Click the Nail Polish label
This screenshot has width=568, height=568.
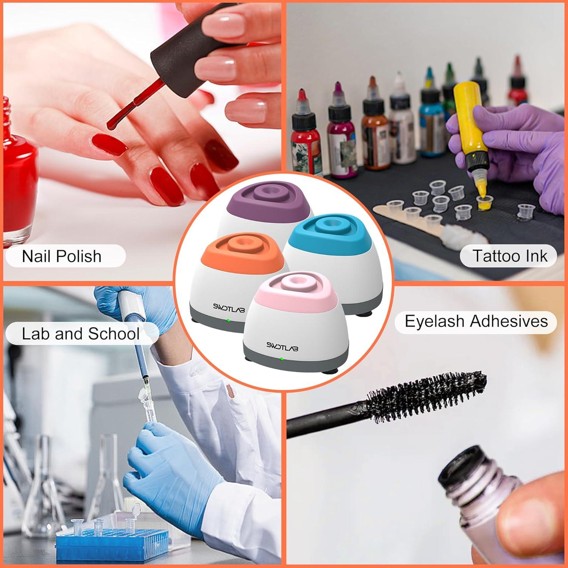[62, 256]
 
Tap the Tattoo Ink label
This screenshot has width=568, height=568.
[509, 256]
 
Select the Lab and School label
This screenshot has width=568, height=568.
[81, 334]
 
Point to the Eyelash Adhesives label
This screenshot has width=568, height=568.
[476, 321]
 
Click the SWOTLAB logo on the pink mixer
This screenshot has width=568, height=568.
[282, 345]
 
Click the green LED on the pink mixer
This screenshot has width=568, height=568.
[282, 359]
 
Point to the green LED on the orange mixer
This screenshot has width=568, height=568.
[228, 320]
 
